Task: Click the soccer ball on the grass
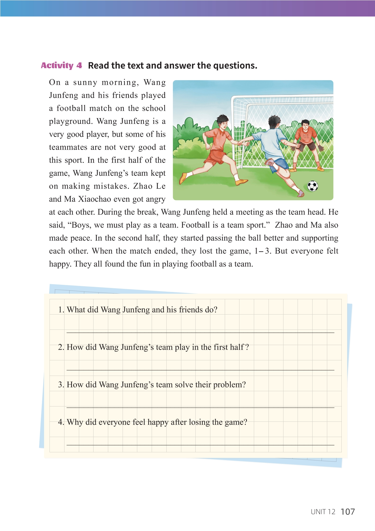tap(313, 186)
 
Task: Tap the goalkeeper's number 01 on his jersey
tap(306, 136)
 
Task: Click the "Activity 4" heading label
tap(61, 65)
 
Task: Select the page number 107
tap(348, 511)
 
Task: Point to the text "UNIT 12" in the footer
tap(323, 512)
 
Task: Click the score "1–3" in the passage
tap(262, 251)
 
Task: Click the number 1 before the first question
tap(60, 310)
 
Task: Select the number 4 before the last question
tap(60, 422)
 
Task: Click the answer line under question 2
tap(200, 370)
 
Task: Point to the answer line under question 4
tap(200, 445)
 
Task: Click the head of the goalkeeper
tap(305, 125)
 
